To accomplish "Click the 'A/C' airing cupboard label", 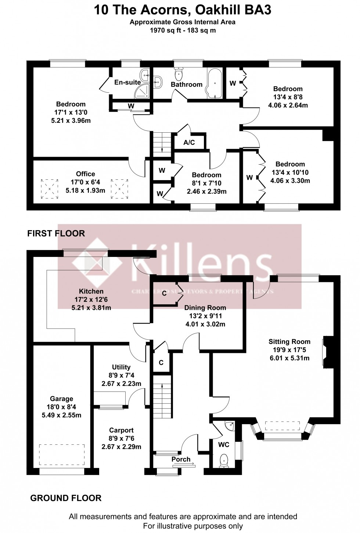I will click(189, 142).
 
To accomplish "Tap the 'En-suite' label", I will click(127, 82).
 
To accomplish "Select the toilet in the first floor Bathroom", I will click(179, 75).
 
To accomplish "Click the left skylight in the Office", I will click(50, 189).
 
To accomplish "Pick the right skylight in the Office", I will click(119, 189).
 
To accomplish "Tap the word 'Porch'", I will click(181, 459).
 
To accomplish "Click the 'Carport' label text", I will click(121, 430).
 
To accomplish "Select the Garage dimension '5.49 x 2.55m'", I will click(62, 415).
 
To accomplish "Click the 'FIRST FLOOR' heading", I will click(56, 233).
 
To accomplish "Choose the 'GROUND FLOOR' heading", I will click(66, 498).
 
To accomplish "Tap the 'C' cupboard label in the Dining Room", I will click(164, 293).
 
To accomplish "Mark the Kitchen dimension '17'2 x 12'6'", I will click(91, 300).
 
